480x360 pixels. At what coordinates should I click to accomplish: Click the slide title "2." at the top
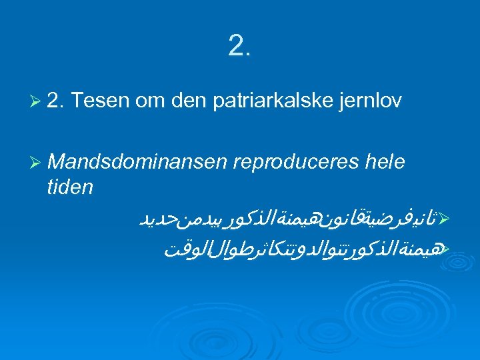pyautogui.click(x=239, y=45)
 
